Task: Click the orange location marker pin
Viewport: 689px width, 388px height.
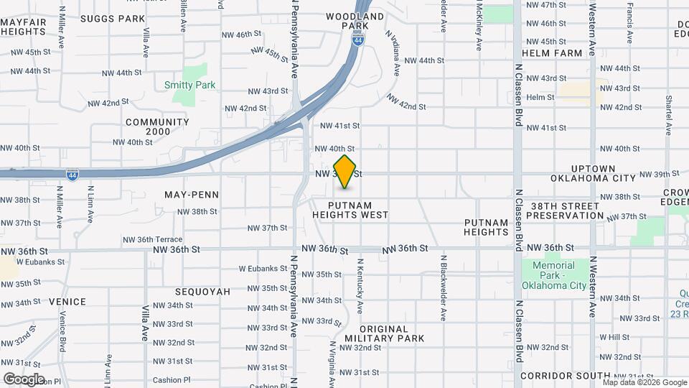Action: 345,172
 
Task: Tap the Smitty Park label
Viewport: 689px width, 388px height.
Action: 189,85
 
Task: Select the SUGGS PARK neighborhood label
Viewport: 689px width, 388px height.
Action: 112,18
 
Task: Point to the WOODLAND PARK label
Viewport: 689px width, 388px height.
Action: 355,21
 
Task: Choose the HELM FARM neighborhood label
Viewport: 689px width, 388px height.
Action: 552,53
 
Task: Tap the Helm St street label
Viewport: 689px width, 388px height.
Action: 540,97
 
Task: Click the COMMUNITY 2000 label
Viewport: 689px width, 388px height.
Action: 157,126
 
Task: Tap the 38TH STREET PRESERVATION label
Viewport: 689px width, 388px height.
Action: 567,211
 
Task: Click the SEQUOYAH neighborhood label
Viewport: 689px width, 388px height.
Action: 203,292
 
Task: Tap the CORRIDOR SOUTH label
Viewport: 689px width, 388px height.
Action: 565,376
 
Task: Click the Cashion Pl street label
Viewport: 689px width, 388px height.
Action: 172,380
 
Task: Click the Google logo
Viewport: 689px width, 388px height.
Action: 24,379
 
